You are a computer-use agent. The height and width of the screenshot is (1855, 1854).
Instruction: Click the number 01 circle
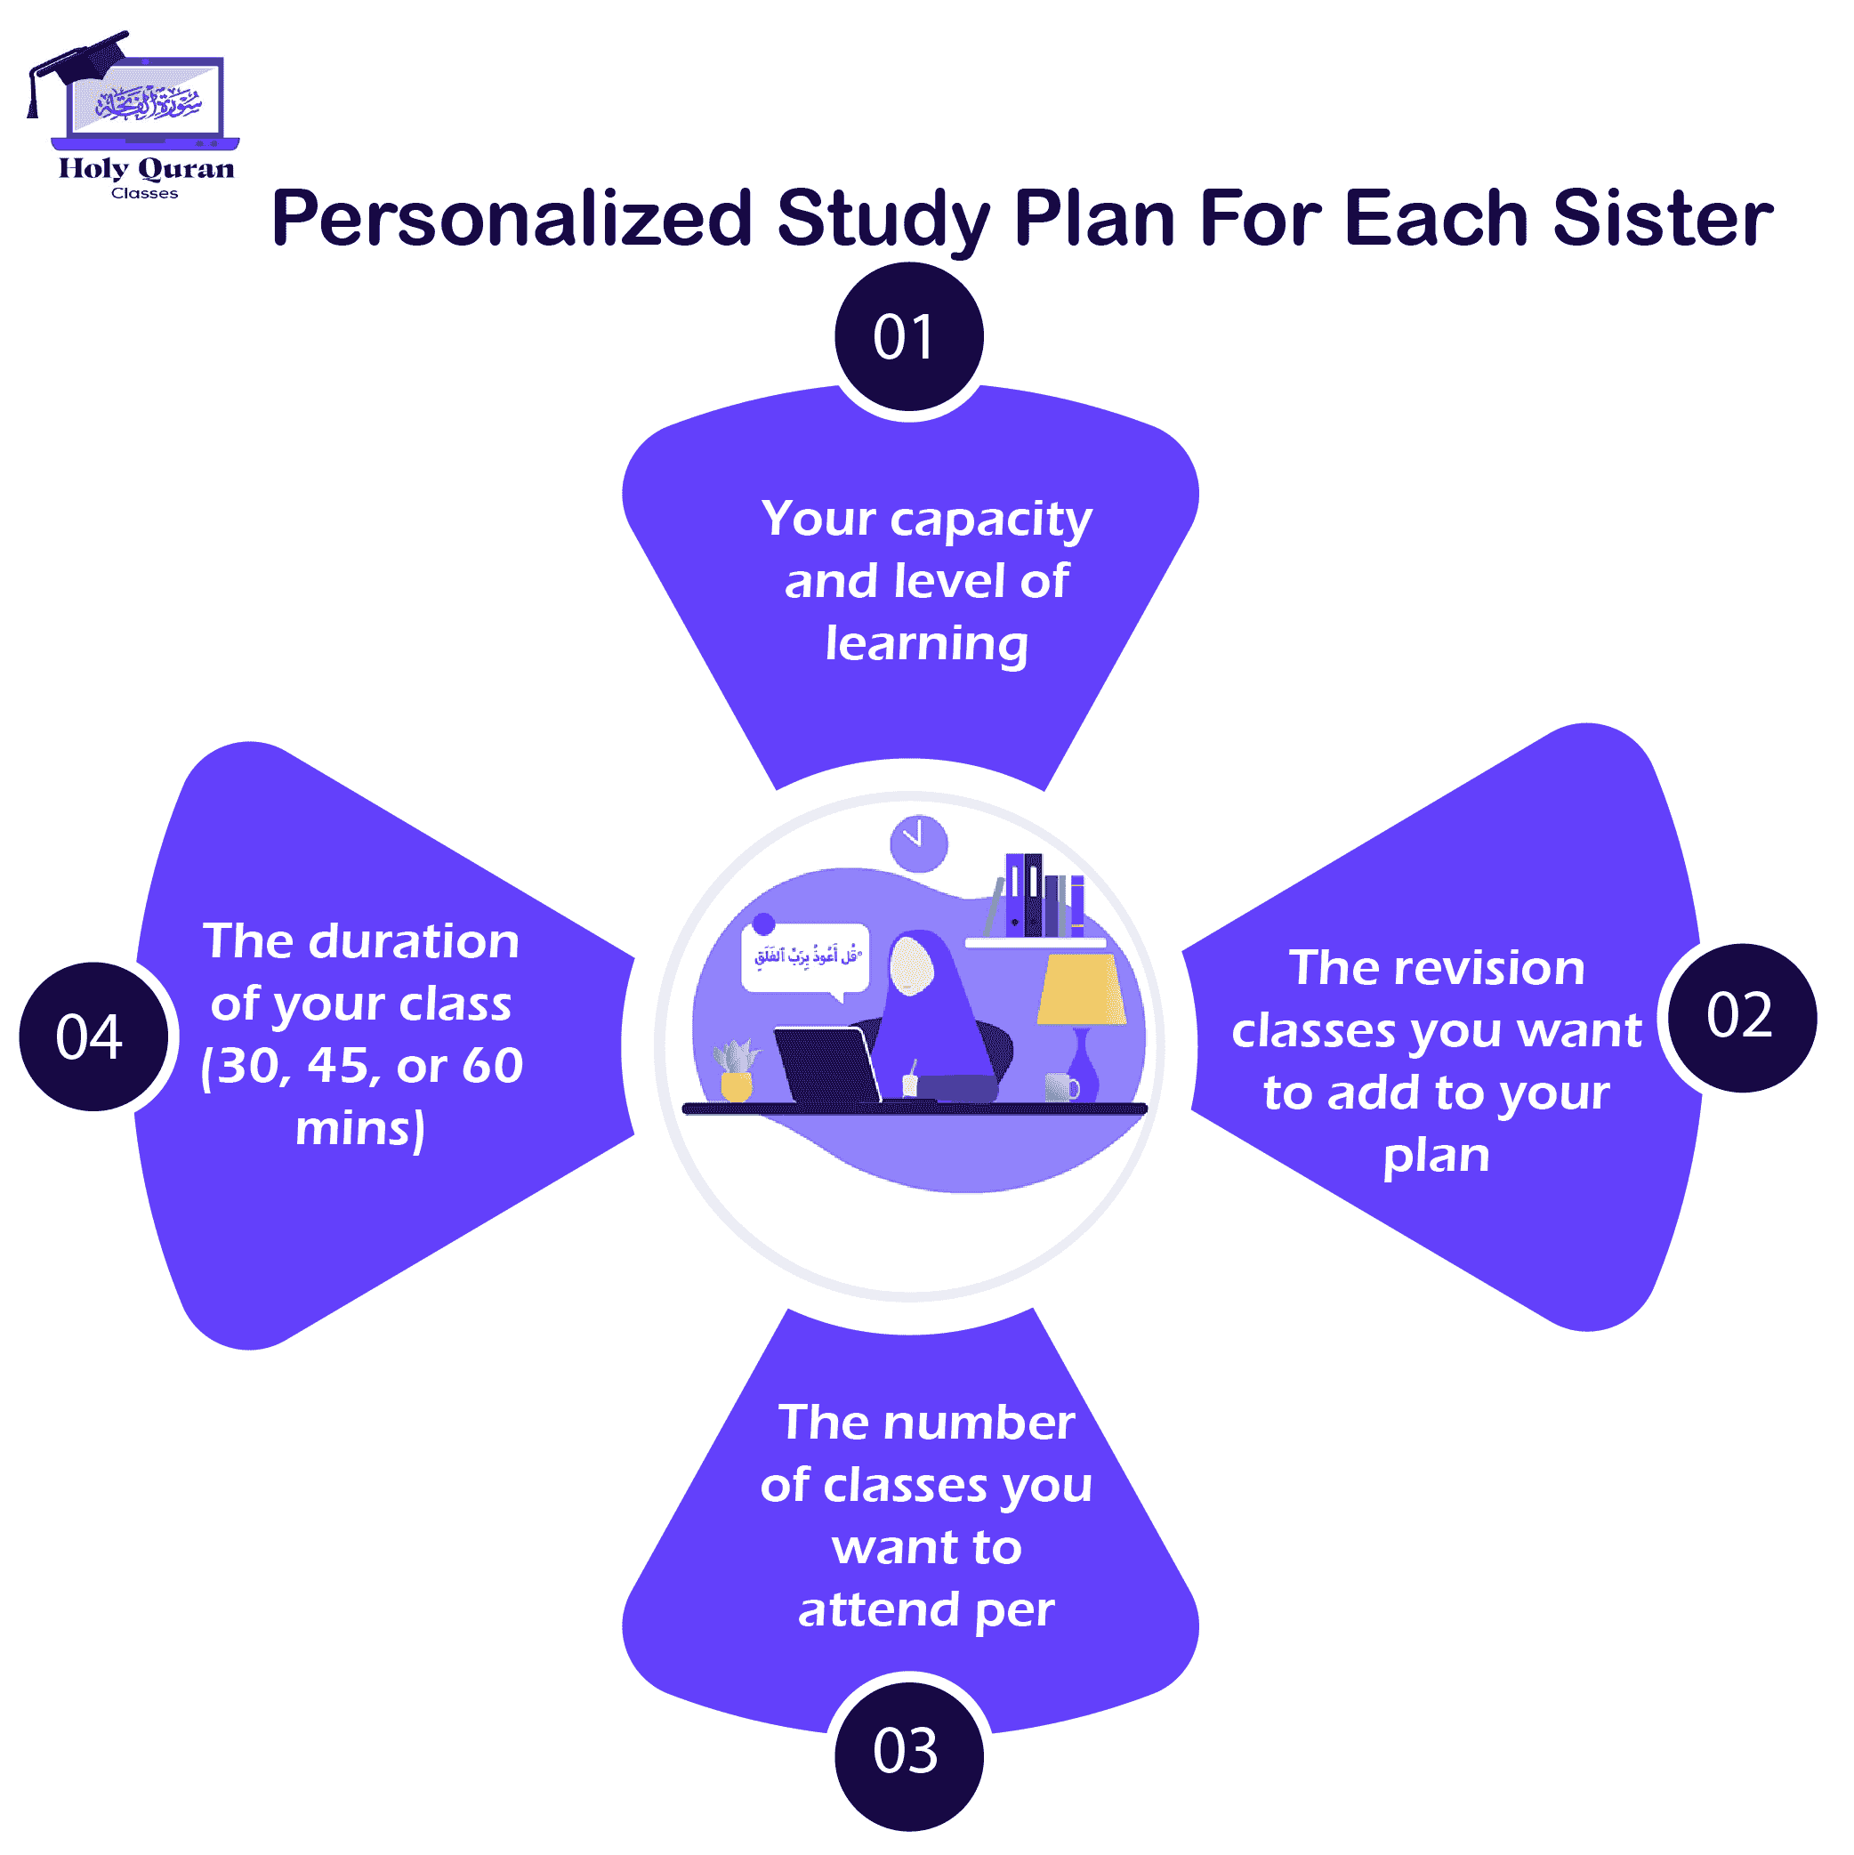click(x=908, y=337)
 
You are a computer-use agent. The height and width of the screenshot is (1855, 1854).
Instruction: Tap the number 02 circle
click(x=1742, y=1017)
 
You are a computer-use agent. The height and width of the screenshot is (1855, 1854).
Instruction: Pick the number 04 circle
click(x=93, y=1037)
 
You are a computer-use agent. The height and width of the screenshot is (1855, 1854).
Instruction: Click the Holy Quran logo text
click(x=146, y=169)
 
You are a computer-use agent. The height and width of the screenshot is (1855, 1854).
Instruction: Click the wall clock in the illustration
click(x=918, y=843)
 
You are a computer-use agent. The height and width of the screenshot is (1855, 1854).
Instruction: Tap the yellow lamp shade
click(x=1082, y=989)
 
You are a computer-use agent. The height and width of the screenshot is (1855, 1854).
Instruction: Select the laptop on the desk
click(x=827, y=1064)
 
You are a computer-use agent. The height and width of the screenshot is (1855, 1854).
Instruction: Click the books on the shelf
click(x=1043, y=896)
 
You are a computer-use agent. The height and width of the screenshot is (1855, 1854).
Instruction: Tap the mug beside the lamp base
click(x=1060, y=1087)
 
